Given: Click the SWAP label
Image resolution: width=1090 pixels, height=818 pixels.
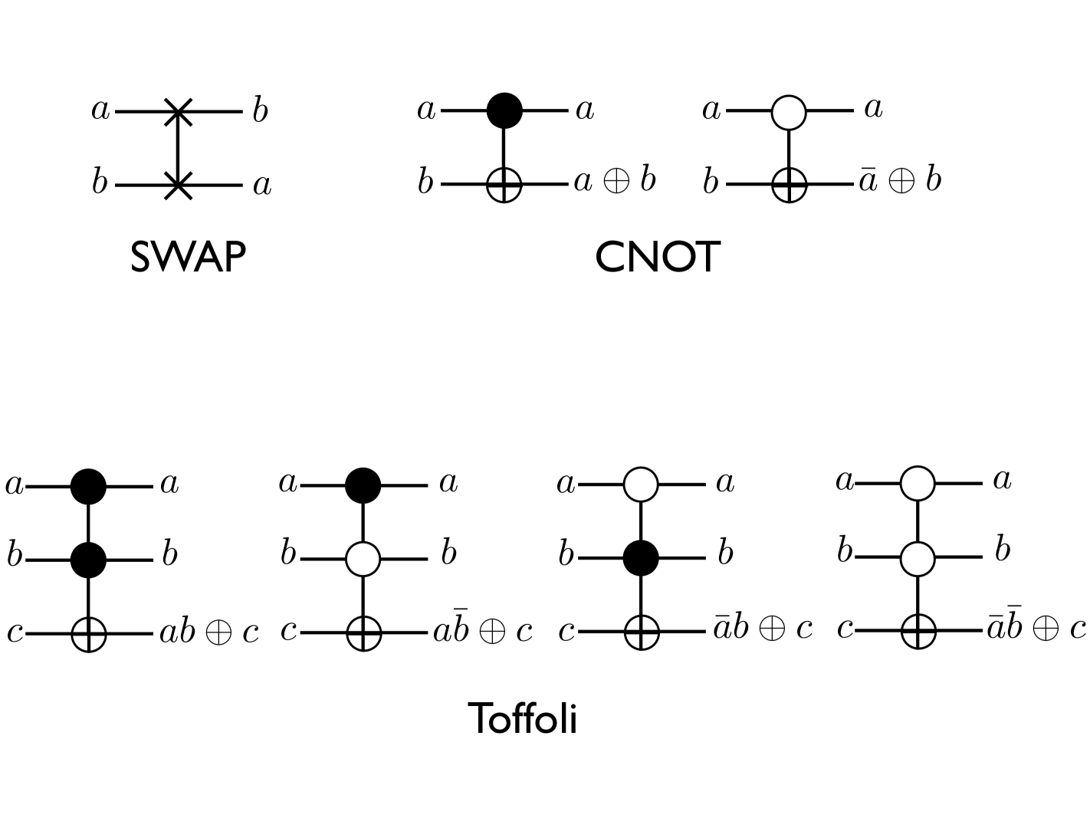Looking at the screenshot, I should tap(188, 258).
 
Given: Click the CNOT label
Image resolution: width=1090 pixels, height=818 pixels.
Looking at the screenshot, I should tap(657, 258).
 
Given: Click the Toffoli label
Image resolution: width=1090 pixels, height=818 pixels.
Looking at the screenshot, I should tap(522, 719).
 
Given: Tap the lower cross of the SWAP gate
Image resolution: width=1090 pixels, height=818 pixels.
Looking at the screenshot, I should tap(178, 186).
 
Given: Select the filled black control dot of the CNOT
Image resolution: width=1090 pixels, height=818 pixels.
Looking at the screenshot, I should tap(504, 110).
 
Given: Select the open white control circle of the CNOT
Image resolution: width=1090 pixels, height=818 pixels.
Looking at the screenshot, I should tap(789, 112).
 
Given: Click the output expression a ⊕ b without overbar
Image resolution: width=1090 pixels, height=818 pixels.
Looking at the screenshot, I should tap(615, 182).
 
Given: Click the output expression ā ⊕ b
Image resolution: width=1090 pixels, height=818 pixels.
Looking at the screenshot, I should tap(900, 181).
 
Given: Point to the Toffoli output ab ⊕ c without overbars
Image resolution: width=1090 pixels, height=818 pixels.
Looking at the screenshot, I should tap(209, 632).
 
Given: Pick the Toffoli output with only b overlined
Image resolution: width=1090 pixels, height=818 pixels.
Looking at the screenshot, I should tap(483, 629).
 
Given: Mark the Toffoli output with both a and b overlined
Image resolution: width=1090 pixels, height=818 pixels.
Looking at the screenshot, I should tap(1036, 627).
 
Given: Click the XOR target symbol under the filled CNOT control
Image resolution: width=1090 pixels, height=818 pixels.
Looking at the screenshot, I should tap(504, 184).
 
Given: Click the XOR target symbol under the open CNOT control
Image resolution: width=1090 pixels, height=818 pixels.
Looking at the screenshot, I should tap(789, 184).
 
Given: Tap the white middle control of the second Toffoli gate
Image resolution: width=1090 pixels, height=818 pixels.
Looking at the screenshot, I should tap(363, 559).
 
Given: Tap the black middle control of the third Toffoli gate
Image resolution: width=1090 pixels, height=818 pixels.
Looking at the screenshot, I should tap(641, 557).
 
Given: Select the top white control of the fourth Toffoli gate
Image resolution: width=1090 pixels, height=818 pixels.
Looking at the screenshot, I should tap(918, 484).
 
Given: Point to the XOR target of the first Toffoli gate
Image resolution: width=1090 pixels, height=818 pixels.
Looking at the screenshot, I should tap(88, 634).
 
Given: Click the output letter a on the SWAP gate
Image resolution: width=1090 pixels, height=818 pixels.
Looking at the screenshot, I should tap(262, 186).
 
